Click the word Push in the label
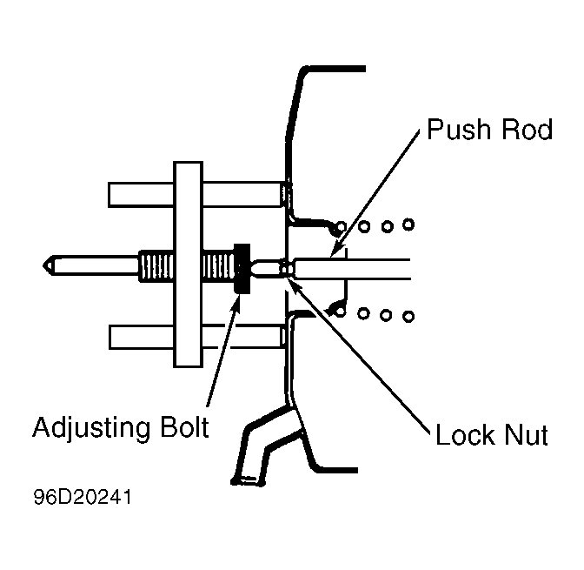(x=459, y=130)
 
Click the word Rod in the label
(x=527, y=130)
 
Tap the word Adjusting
(x=91, y=428)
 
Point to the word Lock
(x=467, y=434)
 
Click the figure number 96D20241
(x=83, y=497)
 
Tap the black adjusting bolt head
(x=242, y=269)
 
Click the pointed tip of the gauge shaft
(x=43, y=265)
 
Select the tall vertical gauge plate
(x=188, y=265)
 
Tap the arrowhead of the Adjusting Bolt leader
(x=236, y=300)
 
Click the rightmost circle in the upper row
(x=408, y=225)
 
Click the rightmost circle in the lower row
(x=408, y=317)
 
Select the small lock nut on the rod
(x=286, y=269)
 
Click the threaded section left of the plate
(x=156, y=266)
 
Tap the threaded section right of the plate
(x=219, y=266)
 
